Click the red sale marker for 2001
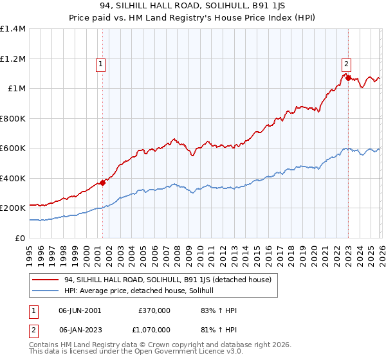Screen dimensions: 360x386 click(x=103, y=183)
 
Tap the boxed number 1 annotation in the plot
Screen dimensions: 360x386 click(x=102, y=64)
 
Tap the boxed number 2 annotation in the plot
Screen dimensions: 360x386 click(x=346, y=63)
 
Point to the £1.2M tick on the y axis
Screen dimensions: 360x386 click(x=13, y=59)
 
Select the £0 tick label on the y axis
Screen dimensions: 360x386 click(x=21, y=239)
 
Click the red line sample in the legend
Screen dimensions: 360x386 click(x=46, y=280)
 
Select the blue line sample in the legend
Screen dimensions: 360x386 click(x=46, y=291)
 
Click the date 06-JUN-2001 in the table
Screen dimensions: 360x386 click(x=80, y=310)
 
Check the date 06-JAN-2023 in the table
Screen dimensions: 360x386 click(x=80, y=328)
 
